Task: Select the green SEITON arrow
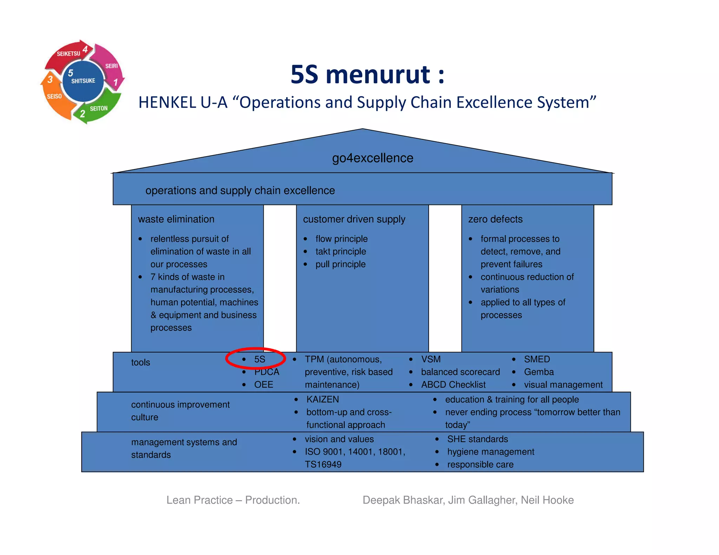click(x=98, y=109)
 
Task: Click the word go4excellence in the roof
click(x=372, y=158)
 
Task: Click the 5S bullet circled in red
click(x=259, y=359)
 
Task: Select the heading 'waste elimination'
click(x=176, y=219)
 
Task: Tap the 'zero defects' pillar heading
click(x=495, y=219)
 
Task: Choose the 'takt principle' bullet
click(x=341, y=252)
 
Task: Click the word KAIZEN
click(x=322, y=399)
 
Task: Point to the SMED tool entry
click(x=537, y=359)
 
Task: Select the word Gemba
click(x=539, y=372)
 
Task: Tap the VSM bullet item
click(x=431, y=359)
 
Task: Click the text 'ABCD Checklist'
click(x=453, y=385)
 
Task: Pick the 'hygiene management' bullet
click(x=490, y=452)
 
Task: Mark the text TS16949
click(x=323, y=464)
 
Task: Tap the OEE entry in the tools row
click(x=263, y=385)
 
